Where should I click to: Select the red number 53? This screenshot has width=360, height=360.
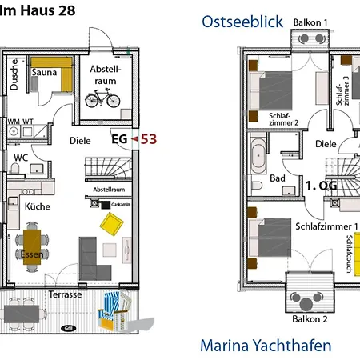[x=148, y=138]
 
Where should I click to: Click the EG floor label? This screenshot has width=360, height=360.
[x=120, y=139]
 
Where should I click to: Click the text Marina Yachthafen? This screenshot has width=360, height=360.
[x=266, y=346]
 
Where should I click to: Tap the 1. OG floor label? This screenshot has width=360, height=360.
[x=319, y=185]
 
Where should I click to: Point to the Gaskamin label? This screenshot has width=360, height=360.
[x=122, y=205]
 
